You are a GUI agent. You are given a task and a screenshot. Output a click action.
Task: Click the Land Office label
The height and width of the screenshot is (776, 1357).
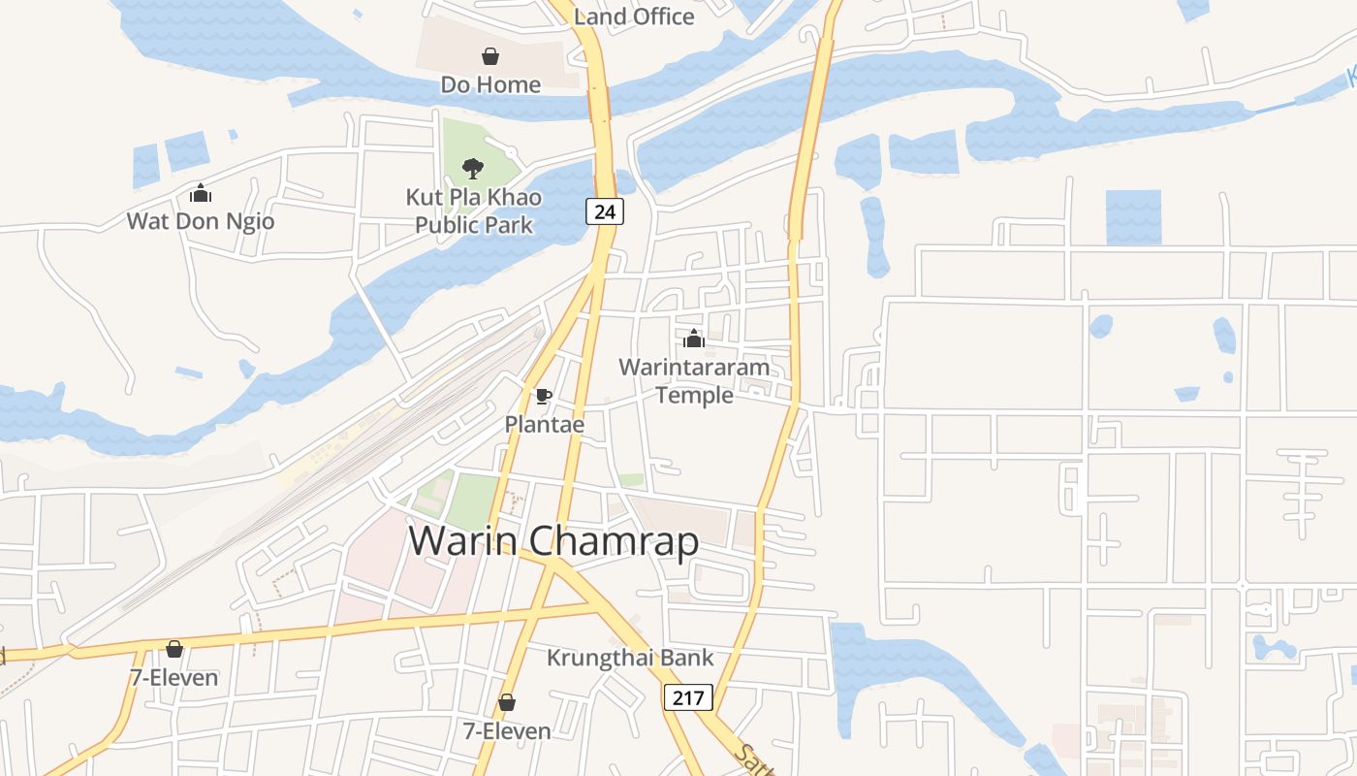tap(634, 16)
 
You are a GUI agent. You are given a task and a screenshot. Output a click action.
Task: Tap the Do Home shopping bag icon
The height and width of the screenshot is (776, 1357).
tap(490, 56)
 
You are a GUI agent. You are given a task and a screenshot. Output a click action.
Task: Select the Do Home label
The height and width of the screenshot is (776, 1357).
tap(490, 84)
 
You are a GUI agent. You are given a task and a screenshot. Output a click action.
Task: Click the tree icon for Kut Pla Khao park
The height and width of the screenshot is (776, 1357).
tap(473, 169)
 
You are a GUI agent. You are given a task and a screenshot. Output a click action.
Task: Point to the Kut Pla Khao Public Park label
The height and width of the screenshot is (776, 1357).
tap(474, 210)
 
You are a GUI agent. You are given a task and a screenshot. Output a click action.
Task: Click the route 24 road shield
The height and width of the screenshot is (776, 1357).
tap(604, 210)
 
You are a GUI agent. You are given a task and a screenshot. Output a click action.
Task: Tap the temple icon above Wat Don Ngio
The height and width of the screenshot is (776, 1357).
tap(201, 193)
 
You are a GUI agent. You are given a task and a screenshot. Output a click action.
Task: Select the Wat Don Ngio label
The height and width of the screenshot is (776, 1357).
tap(201, 221)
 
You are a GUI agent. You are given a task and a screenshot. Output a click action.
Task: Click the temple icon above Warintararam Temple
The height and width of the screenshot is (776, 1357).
tap(694, 339)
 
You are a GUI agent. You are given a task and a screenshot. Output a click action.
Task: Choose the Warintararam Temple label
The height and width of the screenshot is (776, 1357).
tap(694, 381)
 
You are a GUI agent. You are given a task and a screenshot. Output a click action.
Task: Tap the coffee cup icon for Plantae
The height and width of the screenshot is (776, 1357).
tap(544, 396)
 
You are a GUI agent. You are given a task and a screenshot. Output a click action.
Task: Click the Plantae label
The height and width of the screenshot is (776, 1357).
tap(544, 424)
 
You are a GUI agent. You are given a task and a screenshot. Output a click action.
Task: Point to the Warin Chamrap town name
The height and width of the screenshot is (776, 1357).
tap(553, 540)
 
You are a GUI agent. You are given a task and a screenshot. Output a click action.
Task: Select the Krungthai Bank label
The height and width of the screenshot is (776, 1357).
tap(630, 658)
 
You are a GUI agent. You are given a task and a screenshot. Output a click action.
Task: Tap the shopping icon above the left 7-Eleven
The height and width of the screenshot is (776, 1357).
tap(174, 649)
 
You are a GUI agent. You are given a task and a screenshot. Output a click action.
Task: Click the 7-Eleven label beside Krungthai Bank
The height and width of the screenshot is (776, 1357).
tap(506, 730)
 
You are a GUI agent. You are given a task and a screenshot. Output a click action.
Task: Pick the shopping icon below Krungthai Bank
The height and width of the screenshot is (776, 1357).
tap(506, 702)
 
